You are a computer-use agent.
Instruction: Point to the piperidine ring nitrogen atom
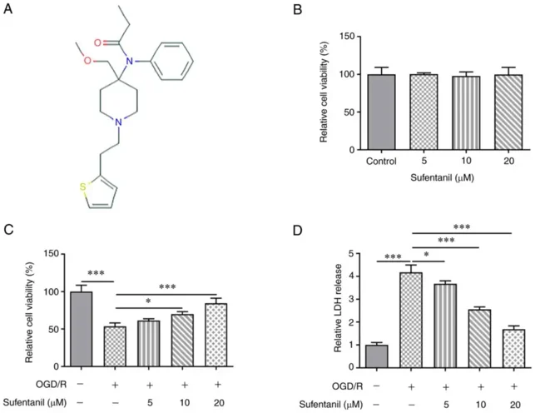tap(119, 122)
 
